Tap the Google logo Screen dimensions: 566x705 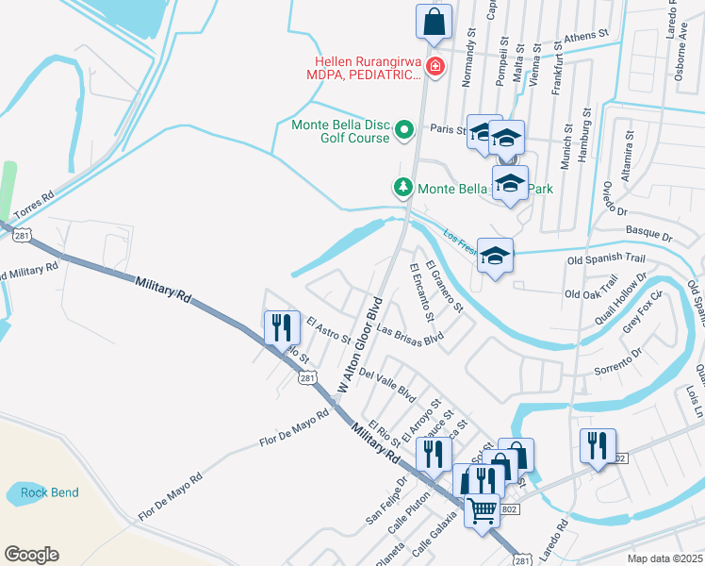(x=31, y=555)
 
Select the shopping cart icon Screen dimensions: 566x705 (x=483, y=510)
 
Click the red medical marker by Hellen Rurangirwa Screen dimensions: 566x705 (x=434, y=66)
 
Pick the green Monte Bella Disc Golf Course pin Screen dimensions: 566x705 (x=404, y=129)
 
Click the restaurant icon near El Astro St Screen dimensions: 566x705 (x=282, y=328)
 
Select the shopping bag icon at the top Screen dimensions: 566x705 (x=434, y=23)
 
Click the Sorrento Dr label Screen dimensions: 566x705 (x=617, y=362)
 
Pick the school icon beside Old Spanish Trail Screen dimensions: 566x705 (x=495, y=256)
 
